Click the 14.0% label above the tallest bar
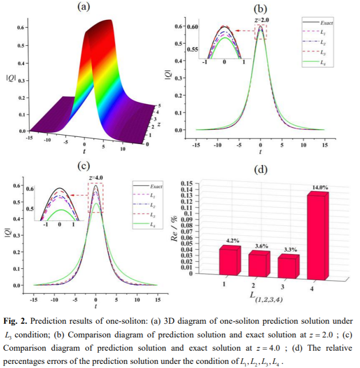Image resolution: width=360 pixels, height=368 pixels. (x=320, y=188)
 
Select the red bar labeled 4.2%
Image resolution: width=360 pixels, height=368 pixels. (x=229, y=261)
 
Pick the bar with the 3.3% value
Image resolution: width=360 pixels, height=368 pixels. (x=288, y=265)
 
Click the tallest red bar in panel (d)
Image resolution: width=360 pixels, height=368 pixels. (x=318, y=237)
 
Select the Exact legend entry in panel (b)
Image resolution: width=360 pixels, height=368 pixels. (x=326, y=23)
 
